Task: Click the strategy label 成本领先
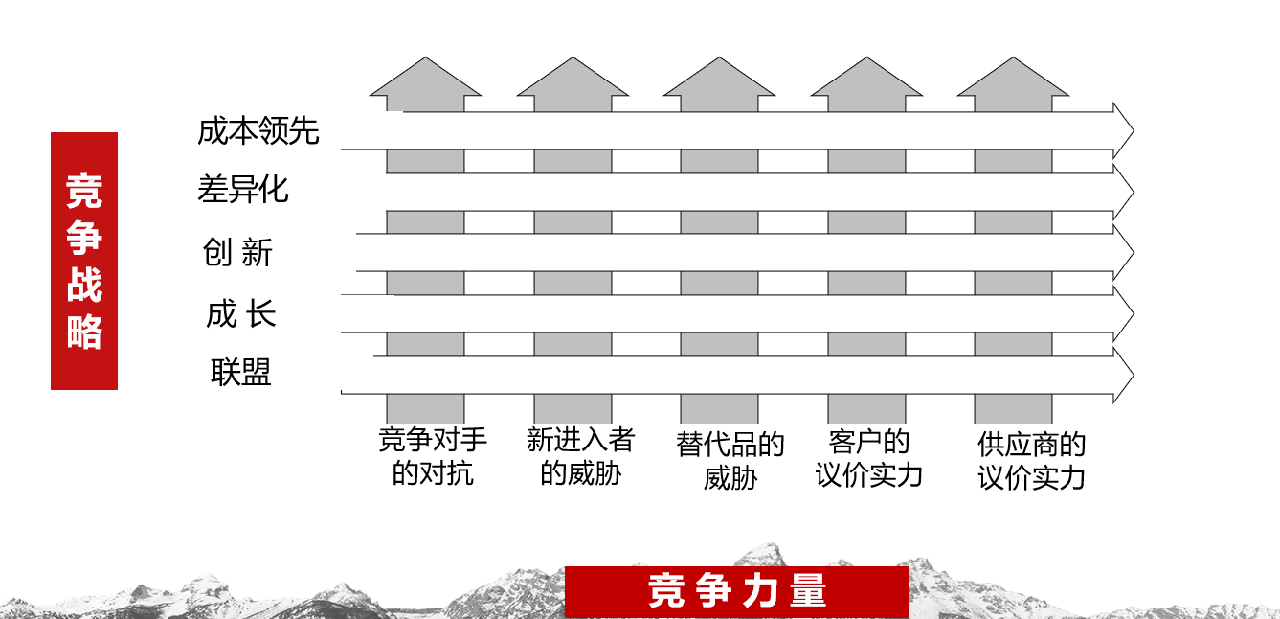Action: coord(258,130)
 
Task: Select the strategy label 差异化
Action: coord(243,189)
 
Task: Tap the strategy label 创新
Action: coord(238,252)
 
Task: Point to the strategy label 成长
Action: coord(241,313)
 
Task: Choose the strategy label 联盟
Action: coord(241,372)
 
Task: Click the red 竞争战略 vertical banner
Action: coord(84,261)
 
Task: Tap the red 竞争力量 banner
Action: coord(736,591)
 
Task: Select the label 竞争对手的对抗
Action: coord(433,456)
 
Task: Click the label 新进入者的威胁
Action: coord(580,456)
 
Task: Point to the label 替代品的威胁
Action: coord(730,460)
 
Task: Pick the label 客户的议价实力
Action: coord(869,458)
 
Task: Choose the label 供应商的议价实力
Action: coord(1031,460)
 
